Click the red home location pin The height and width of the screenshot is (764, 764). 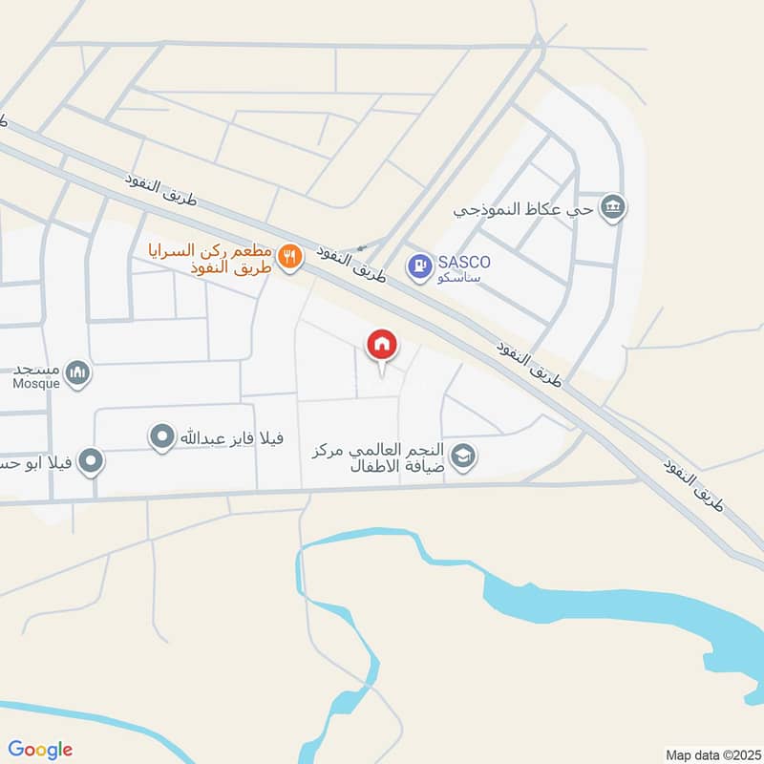point(382,345)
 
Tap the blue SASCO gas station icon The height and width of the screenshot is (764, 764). point(418,266)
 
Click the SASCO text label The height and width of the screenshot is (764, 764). point(465,261)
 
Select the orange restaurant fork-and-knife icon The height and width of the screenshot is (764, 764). point(291,256)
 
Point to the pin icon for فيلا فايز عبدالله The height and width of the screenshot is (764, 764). point(162,437)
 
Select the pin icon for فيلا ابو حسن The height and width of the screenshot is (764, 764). point(92,462)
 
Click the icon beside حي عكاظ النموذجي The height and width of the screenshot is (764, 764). point(614,206)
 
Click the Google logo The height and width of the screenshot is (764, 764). point(41,750)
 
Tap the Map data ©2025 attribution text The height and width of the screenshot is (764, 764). point(711,754)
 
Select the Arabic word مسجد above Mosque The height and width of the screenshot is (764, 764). point(39,369)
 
